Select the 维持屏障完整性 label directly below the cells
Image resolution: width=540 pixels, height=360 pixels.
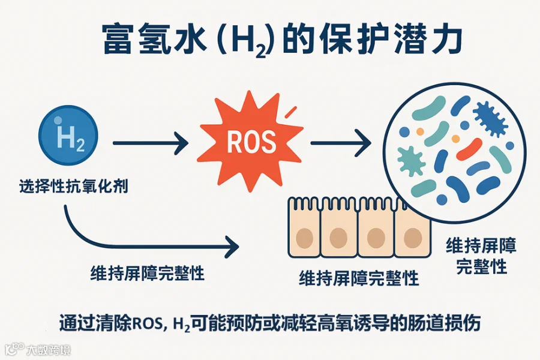point(358,278)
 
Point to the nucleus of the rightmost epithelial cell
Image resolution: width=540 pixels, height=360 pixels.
point(412,236)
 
